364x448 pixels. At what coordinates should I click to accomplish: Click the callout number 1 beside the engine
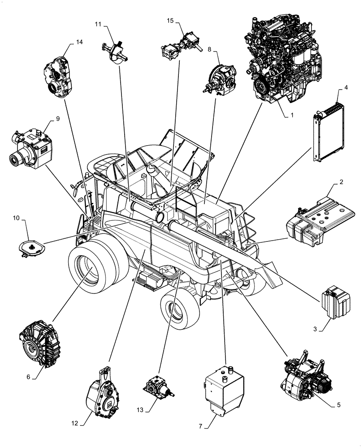click(x=292, y=116)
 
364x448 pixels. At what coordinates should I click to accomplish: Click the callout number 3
click(x=315, y=329)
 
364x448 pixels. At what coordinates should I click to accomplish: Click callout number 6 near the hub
click(x=28, y=377)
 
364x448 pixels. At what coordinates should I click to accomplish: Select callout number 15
click(x=170, y=21)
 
